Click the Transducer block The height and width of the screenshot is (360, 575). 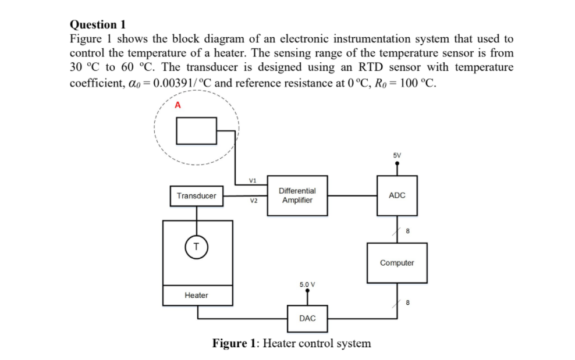point(196,196)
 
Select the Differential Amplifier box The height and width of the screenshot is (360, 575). point(297,195)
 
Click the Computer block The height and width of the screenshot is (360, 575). point(397,263)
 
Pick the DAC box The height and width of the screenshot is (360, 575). point(307,318)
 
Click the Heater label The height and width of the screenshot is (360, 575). point(196,295)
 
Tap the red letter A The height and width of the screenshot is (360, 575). point(178,105)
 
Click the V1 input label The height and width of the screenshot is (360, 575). point(252,180)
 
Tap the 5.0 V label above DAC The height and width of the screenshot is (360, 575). point(307,284)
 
